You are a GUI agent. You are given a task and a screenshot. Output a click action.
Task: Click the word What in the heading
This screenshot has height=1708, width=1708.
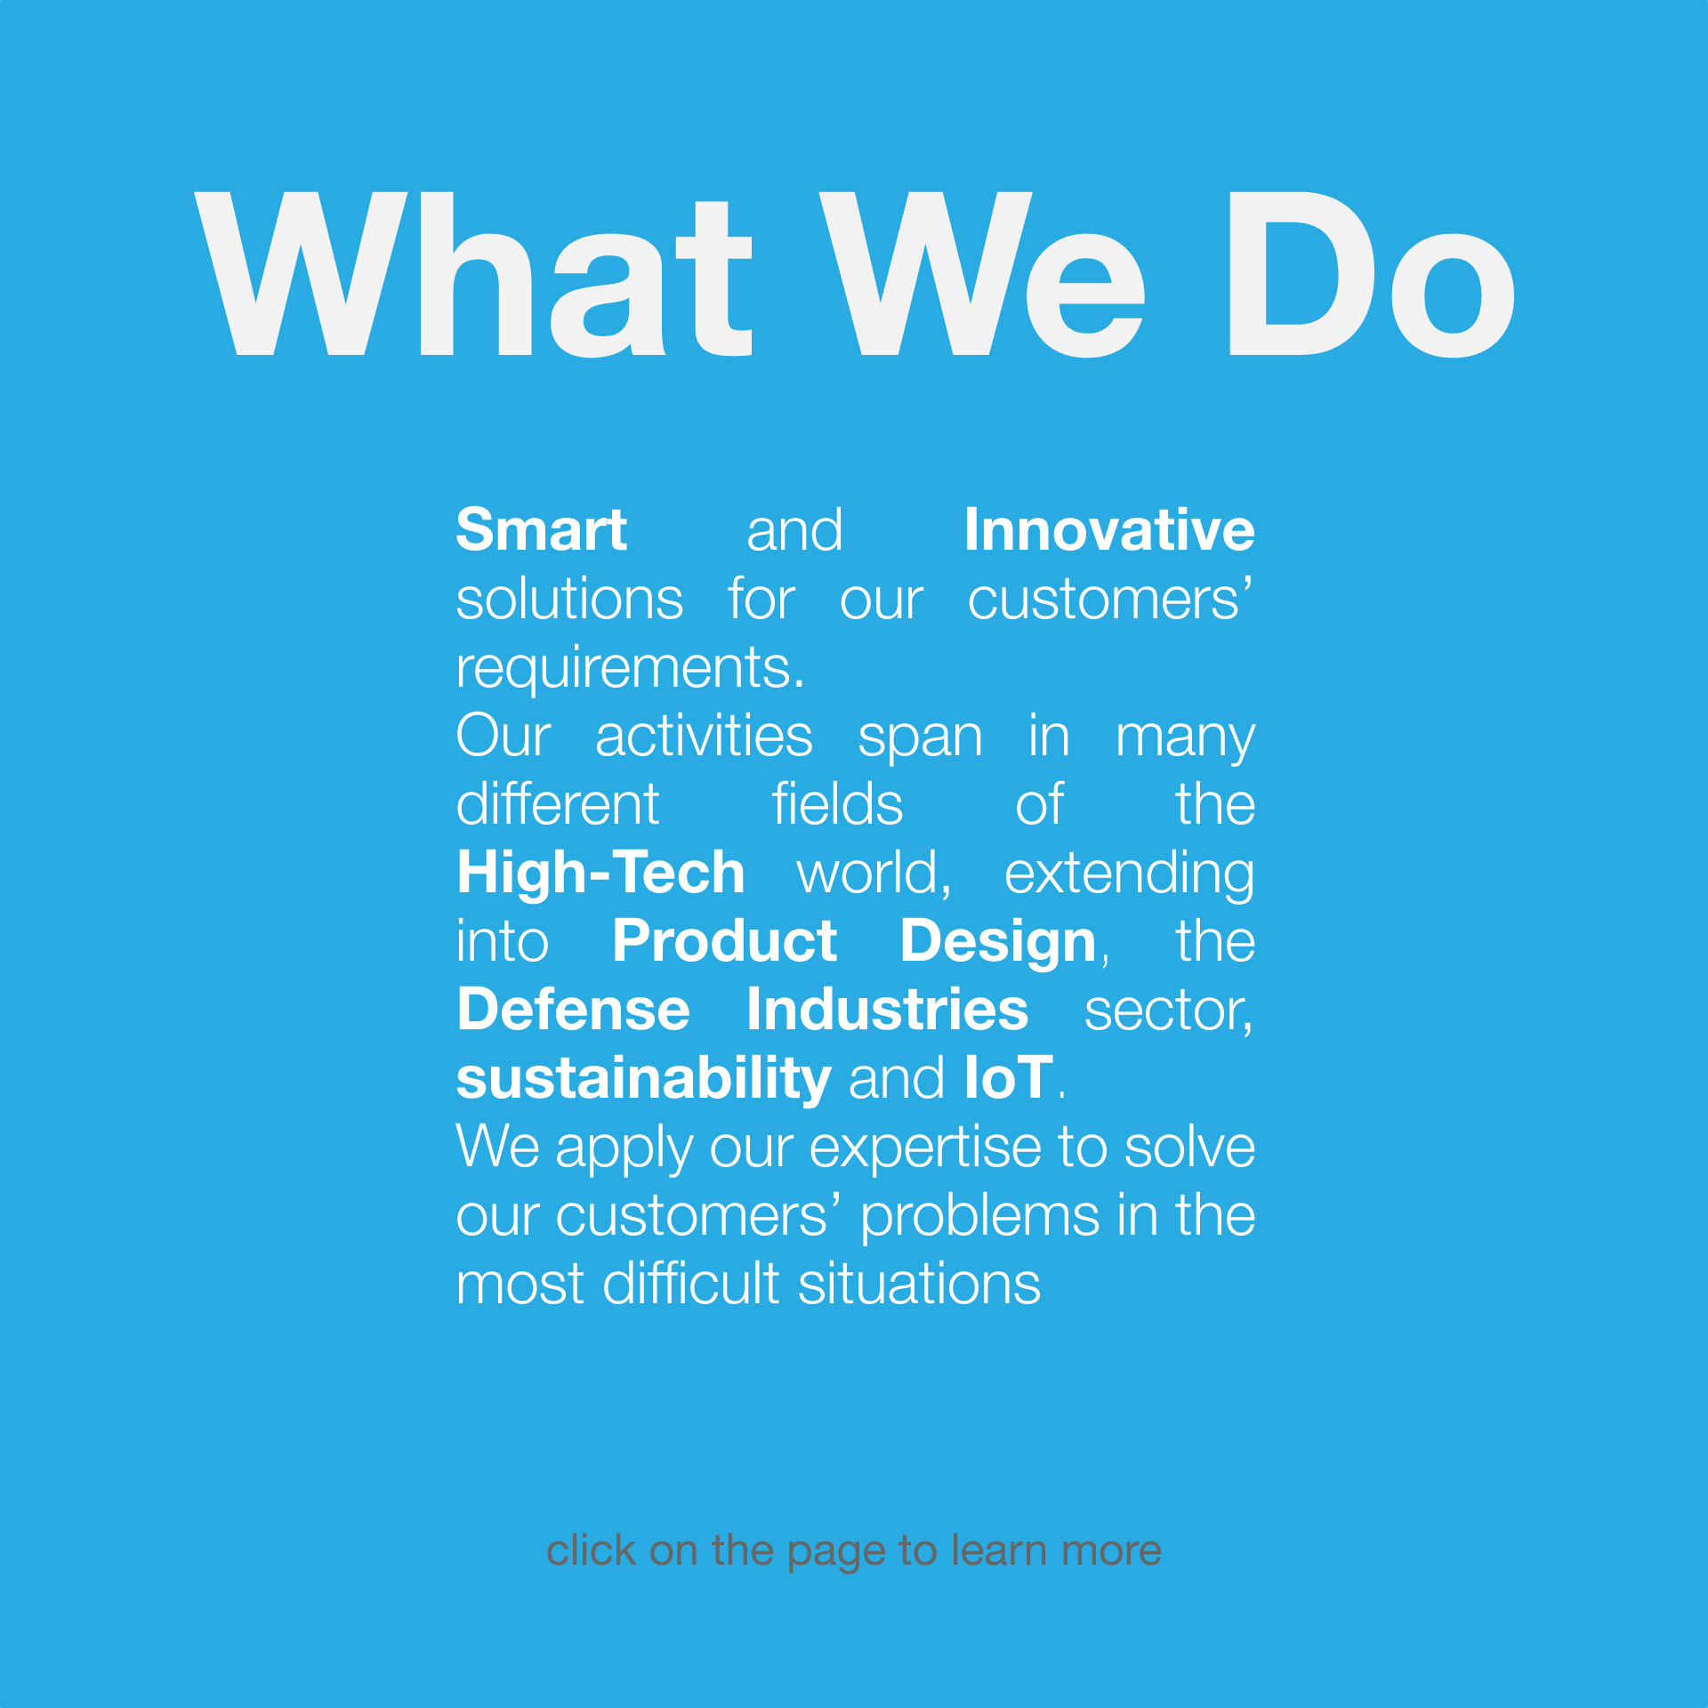coord(473,274)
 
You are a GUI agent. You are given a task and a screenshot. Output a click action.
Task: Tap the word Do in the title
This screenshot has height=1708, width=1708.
coord(1371,274)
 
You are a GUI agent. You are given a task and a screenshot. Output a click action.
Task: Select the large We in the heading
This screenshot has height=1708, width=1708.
coord(982,274)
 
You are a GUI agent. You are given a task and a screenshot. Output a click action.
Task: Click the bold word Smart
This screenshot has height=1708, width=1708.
coord(541,530)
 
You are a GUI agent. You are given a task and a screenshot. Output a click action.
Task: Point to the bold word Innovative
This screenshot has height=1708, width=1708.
coord(1109,530)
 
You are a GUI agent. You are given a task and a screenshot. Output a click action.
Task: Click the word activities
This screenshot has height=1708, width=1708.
coord(704,737)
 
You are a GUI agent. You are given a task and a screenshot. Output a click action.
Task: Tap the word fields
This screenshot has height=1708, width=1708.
coord(837,804)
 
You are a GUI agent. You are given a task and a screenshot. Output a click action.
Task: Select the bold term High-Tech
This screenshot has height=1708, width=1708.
coord(600,873)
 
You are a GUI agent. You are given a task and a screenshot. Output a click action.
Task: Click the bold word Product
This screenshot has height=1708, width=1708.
coord(724,941)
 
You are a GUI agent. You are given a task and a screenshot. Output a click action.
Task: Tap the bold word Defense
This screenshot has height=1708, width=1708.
coord(573,1010)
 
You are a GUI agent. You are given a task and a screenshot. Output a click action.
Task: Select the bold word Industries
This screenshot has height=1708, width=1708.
coord(888,1010)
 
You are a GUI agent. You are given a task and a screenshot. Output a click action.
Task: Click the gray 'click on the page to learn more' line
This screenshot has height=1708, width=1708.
coord(854,1551)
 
